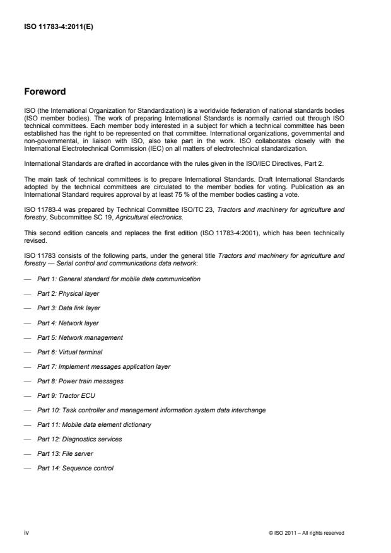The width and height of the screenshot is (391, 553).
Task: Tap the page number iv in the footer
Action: coord(27,533)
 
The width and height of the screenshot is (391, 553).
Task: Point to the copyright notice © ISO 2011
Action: coord(306,533)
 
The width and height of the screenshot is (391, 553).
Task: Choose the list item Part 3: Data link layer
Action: coord(69,308)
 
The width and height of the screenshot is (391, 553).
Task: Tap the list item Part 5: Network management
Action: coord(79,337)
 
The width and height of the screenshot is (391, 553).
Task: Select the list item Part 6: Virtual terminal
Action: coord(69,352)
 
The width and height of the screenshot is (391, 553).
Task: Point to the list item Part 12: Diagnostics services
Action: coord(79,439)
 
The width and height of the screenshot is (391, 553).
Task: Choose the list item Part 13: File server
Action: coord(66,454)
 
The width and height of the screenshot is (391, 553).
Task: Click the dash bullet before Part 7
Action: coord(28,366)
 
